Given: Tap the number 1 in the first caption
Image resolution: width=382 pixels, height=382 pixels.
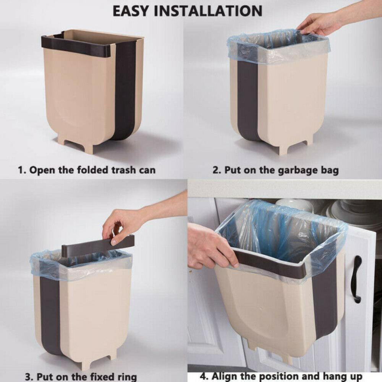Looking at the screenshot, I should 21,170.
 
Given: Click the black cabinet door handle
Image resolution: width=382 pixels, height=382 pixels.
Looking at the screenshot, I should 357,279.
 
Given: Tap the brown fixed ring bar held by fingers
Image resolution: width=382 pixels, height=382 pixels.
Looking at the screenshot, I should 98,246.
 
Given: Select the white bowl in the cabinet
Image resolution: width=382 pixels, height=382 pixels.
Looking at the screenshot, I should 294,205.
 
